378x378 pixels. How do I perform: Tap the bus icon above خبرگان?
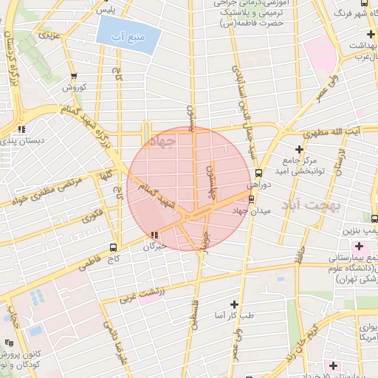[154, 235]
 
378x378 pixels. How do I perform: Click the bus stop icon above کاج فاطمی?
[113, 247]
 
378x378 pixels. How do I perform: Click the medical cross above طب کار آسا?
[235, 303]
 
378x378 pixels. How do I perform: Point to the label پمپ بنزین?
[362, 232]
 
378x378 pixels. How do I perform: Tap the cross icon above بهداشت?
[369, 35]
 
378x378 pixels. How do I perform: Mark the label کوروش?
[74, 87]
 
